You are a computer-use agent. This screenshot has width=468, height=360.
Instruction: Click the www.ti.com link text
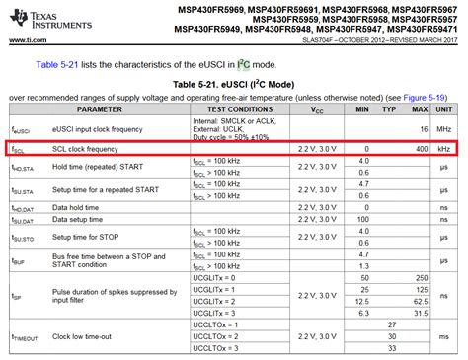coord(30,39)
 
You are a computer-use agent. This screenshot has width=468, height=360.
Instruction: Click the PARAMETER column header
coord(66,111)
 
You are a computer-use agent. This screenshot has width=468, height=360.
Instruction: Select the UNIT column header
coord(446,111)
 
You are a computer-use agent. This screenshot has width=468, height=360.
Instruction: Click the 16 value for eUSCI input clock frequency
coord(424,129)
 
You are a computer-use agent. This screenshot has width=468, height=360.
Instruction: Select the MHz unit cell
coord(446,129)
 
